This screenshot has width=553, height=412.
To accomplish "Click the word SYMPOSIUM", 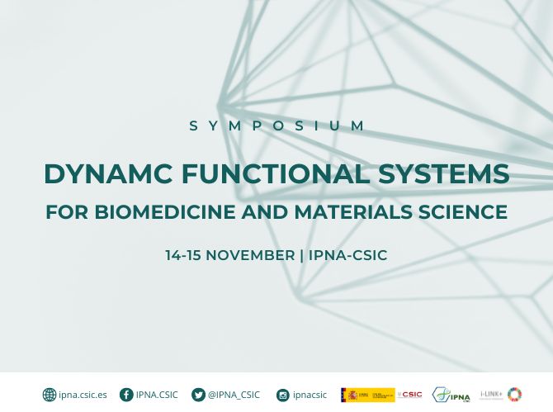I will coord(276,126).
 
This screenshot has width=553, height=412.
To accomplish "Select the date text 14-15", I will coord(183,255).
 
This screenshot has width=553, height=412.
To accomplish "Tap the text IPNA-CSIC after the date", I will coord(347,255).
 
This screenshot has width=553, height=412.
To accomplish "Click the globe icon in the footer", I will coord(50,395).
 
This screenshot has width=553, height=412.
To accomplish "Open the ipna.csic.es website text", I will coord(83,395).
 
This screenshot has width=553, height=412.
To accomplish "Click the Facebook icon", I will coord(126,395).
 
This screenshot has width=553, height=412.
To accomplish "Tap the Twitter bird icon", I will coord(198,395).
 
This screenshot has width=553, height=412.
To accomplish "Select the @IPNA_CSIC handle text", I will coord(234,395).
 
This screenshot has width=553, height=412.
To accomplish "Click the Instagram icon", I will coord(283,395).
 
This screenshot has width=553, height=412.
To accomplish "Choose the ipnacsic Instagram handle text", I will coord(311,395).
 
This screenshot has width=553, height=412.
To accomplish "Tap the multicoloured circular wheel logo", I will coord(515,395).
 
